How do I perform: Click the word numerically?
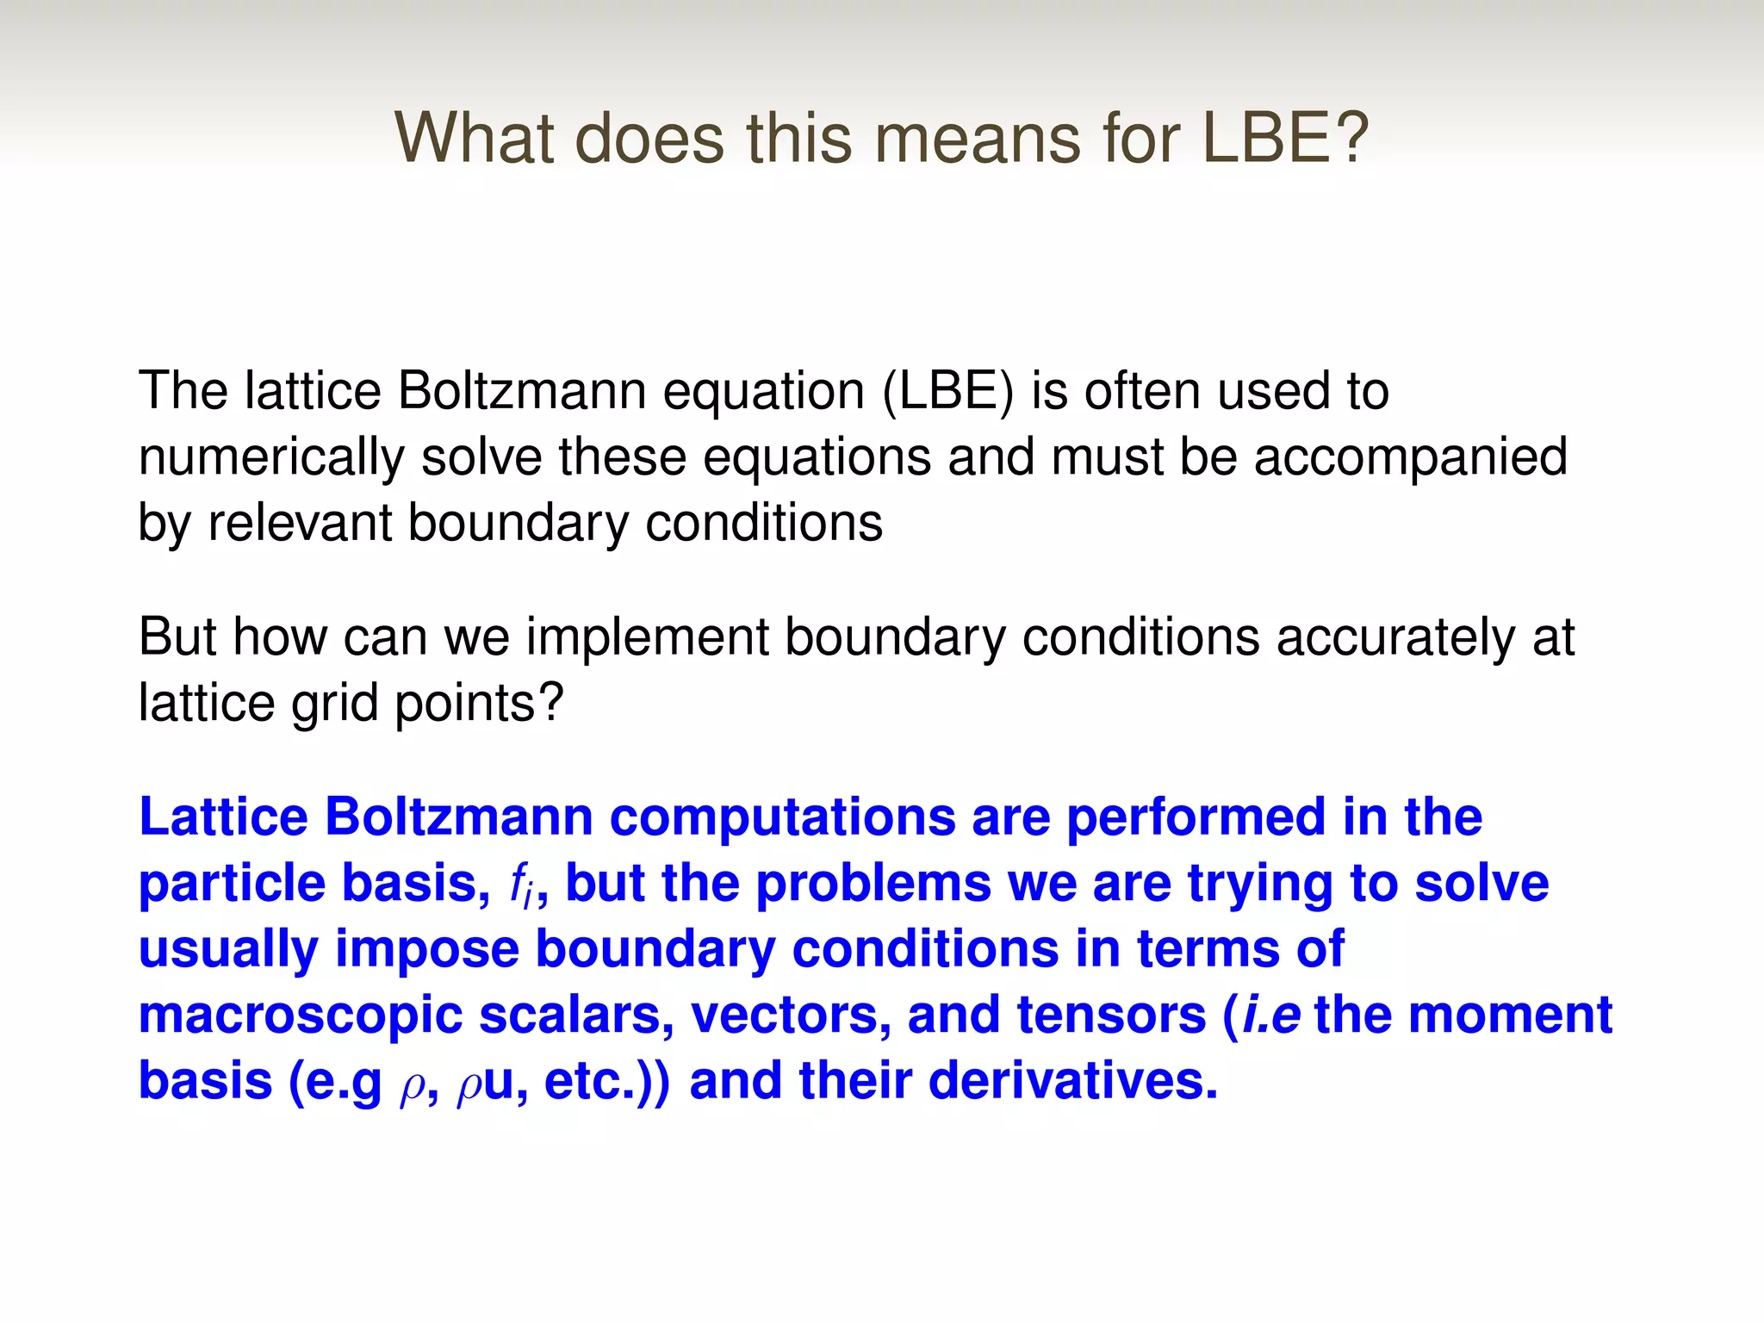(x=270, y=458)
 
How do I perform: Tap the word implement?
(x=647, y=638)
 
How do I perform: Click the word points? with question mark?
(x=478, y=704)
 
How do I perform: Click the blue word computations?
(x=782, y=817)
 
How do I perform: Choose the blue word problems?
(x=873, y=884)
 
